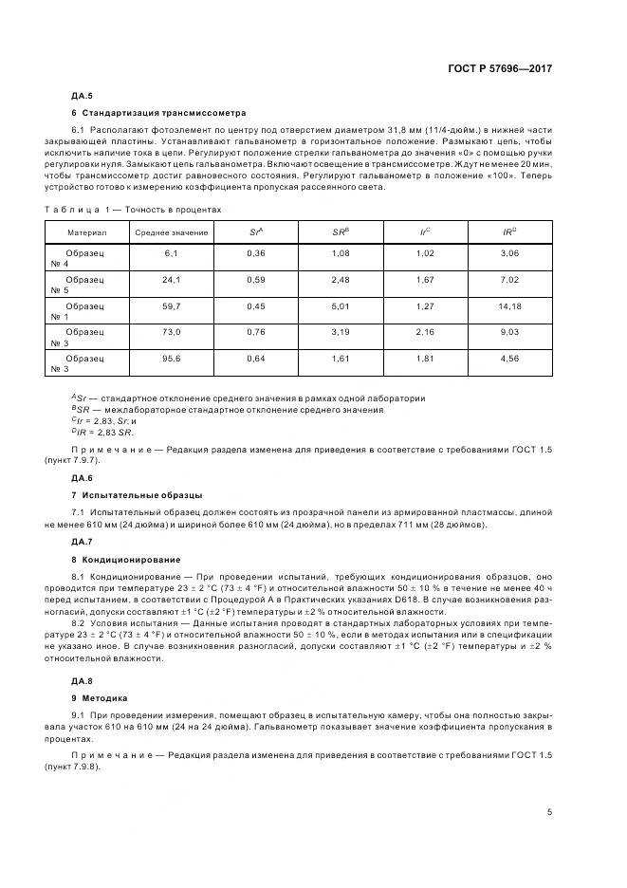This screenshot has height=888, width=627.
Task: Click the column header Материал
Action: pos(87,231)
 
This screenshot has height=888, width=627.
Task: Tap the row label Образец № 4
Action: pos(85,259)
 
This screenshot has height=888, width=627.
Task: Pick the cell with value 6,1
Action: pos(171,253)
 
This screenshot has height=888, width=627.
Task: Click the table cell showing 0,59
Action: pos(255,280)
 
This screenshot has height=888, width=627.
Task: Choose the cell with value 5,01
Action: pos(341,306)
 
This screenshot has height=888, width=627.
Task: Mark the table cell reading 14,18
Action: pos(509,306)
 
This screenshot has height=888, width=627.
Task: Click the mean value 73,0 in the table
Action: pos(171,333)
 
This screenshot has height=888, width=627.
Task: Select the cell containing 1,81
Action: pos(425,360)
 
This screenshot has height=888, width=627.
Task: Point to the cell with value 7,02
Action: pos(509,280)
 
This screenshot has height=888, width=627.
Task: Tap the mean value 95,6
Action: pos(171,360)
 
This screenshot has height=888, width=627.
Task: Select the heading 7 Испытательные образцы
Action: pos(137,495)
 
